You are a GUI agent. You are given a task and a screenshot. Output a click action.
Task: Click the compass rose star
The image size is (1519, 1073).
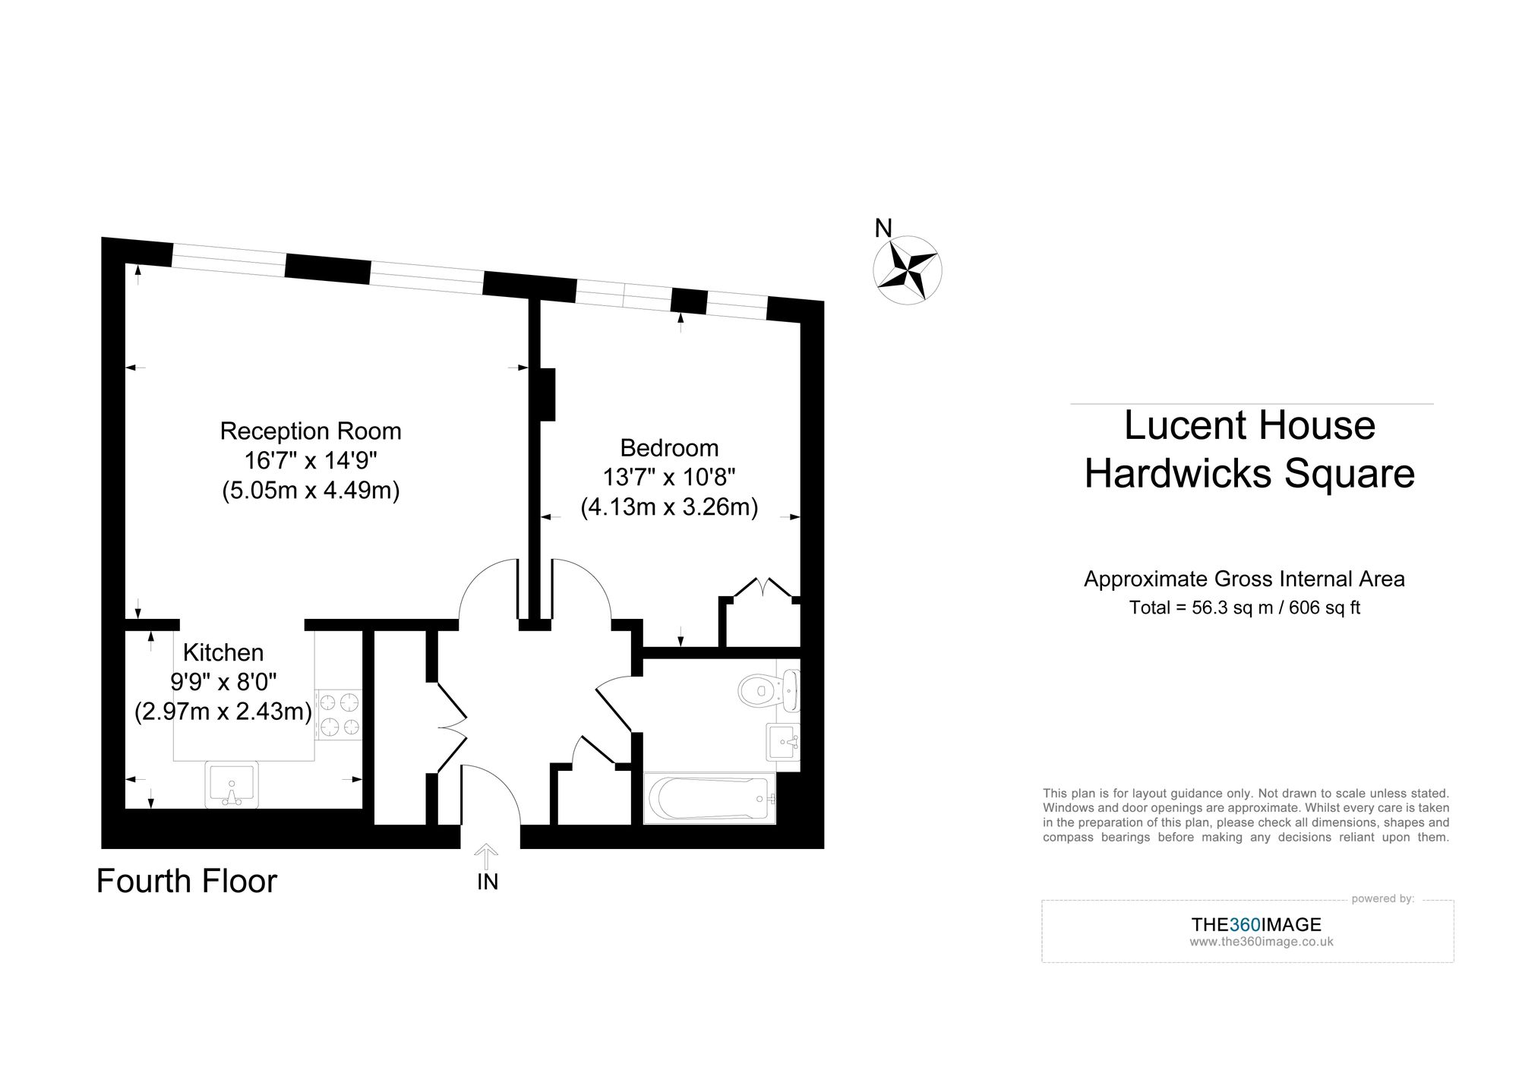coord(907,270)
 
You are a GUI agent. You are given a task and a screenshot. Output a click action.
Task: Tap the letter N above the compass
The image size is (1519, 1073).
coord(883,228)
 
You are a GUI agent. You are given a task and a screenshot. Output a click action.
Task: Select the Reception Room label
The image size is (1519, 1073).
coord(311,431)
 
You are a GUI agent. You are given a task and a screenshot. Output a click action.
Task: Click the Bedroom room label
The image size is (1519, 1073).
coord(669,448)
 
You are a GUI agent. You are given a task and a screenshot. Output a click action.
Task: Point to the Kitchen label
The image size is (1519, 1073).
coord(223,652)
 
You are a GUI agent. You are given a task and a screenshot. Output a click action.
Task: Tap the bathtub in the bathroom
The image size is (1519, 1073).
coord(709,798)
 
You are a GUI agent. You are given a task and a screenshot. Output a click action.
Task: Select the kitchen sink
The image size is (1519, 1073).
coord(232,784)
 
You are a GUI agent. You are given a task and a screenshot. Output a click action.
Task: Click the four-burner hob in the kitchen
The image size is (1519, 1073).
coord(339,714)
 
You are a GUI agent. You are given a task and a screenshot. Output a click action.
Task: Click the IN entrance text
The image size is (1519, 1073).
coord(488,882)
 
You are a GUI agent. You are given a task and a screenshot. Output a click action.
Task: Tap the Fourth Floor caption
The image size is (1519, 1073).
coord(187,881)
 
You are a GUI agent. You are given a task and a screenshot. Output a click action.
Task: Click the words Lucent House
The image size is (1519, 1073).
coord(1249,425)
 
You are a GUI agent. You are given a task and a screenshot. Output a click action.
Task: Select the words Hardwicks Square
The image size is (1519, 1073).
coord(1249,474)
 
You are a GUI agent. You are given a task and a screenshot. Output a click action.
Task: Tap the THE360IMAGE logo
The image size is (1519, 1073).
coord(1256,924)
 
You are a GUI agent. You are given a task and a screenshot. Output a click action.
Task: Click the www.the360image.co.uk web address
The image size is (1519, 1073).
coord(1262,942)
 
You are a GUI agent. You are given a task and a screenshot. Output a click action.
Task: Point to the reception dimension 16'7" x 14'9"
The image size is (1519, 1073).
coord(311,460)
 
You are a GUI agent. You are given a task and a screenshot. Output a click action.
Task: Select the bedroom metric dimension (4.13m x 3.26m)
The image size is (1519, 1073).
coord(669,507)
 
